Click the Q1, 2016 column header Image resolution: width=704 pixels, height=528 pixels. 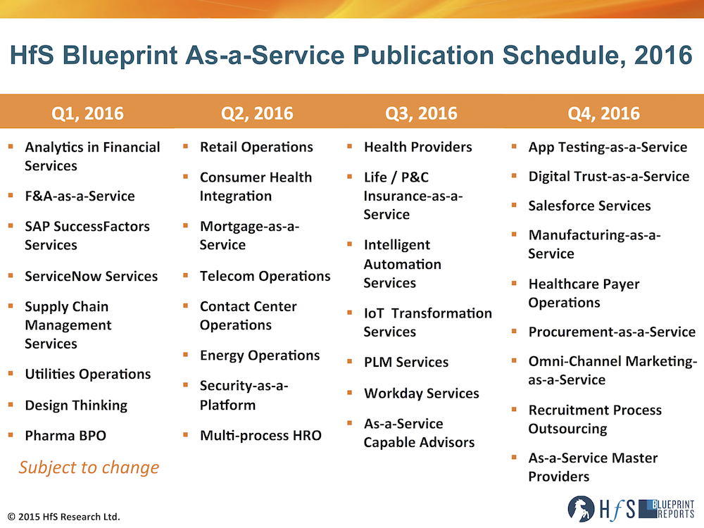[87, 113]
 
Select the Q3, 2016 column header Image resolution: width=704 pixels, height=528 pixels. [421, 113]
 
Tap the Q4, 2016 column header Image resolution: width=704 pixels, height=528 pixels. [603, 113]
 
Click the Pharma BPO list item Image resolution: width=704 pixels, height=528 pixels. [65, 436]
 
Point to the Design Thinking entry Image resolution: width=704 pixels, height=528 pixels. [76, 406]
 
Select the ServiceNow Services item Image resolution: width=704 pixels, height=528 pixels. [91, 276]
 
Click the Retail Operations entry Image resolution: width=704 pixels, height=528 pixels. [256, 147]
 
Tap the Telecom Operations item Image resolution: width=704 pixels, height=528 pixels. [265, 276]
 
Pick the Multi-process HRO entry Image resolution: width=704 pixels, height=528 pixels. [261, 436]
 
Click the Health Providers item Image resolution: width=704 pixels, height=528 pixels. [418, 147]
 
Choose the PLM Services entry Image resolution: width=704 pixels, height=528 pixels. [406, 362]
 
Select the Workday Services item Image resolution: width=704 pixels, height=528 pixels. [422, 394]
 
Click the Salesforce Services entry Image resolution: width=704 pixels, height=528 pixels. [589, 206]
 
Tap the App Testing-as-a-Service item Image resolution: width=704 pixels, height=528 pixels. [608, 147]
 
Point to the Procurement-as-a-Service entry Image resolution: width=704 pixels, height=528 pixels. [612, 332]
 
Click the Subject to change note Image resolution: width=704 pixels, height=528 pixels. [89, 468]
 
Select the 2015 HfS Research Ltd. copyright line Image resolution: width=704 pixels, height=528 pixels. [64, 517]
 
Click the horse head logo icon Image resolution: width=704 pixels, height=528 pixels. [581, 509]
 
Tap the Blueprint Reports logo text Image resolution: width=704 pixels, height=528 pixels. [666, 509]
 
